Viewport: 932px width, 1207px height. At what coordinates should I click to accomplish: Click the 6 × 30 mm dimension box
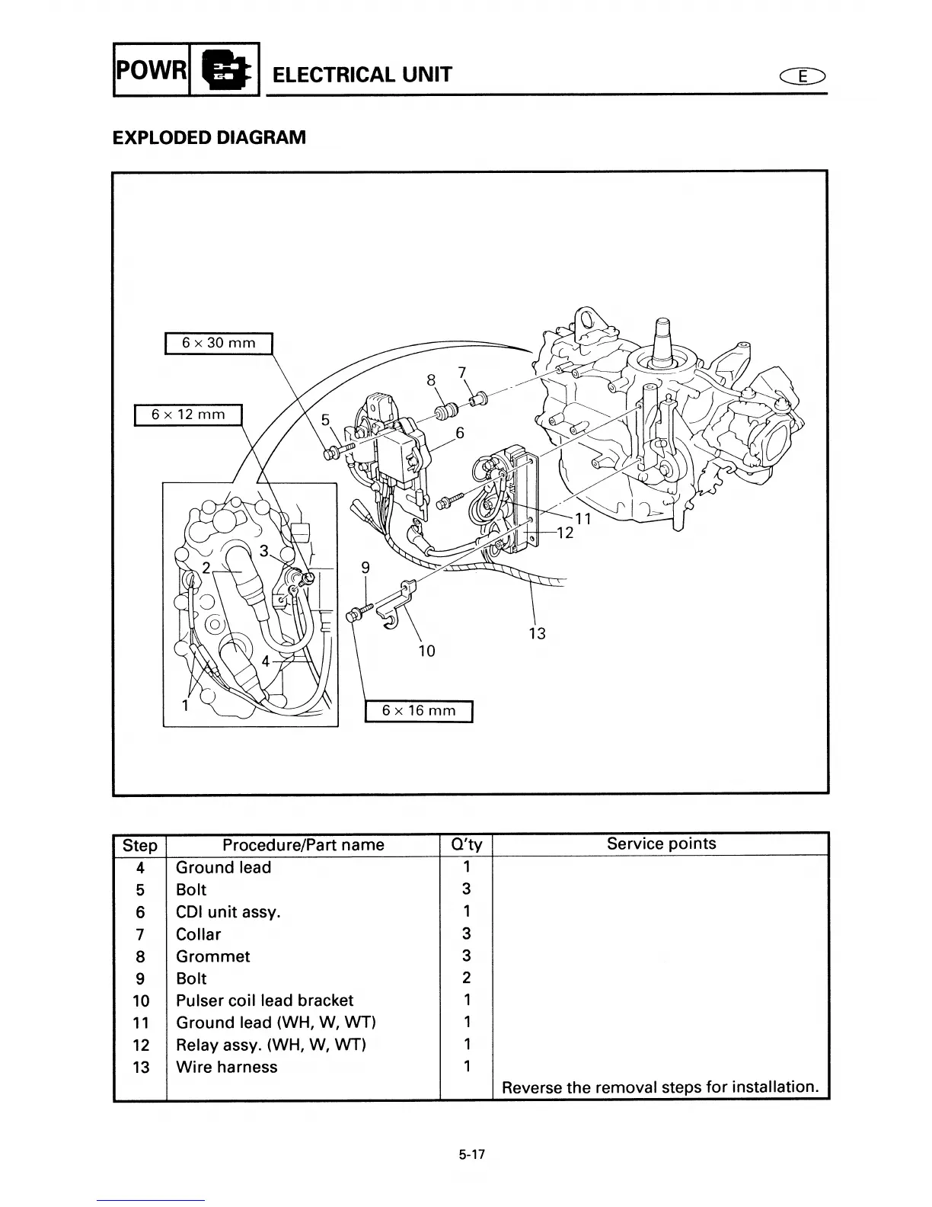(219, 343)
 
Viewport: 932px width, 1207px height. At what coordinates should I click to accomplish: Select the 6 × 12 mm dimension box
(188, 415)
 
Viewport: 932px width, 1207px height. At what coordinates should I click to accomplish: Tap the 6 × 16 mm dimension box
(419, 710)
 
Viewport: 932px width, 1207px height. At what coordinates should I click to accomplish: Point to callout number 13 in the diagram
(537, 633)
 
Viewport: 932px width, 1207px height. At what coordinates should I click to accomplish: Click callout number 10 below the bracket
(426, 651)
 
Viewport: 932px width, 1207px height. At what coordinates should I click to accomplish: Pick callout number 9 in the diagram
(365, 567)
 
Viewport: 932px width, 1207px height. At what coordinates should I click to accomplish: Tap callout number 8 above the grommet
(432, 379)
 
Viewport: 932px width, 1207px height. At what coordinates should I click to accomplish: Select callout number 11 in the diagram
(583, 519)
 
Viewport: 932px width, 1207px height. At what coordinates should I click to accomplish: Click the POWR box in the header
(151, 69)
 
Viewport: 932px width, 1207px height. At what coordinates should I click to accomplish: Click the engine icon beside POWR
(224, 69)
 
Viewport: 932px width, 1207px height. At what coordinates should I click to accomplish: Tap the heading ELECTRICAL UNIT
(362, 75)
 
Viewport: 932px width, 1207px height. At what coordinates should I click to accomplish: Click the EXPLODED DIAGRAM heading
(209, 138)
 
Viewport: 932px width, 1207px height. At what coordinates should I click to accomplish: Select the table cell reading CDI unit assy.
(228, 911)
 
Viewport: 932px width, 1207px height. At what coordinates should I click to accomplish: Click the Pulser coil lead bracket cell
(264, 1000)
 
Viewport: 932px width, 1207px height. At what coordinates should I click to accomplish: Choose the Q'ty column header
(466, 845)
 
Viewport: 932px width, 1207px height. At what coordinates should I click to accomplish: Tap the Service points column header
(661, 844)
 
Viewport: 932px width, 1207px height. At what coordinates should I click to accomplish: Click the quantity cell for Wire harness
(466, 1067)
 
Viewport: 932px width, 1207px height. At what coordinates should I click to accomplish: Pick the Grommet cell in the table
(212, 956)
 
